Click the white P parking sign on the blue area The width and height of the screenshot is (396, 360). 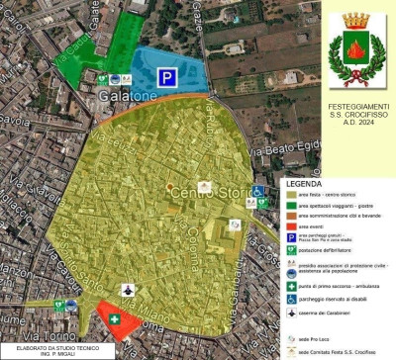click(x=169, y=76)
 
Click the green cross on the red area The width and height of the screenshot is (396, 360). click(x=116, y=321)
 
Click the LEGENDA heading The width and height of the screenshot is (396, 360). click(x=304, y=184)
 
